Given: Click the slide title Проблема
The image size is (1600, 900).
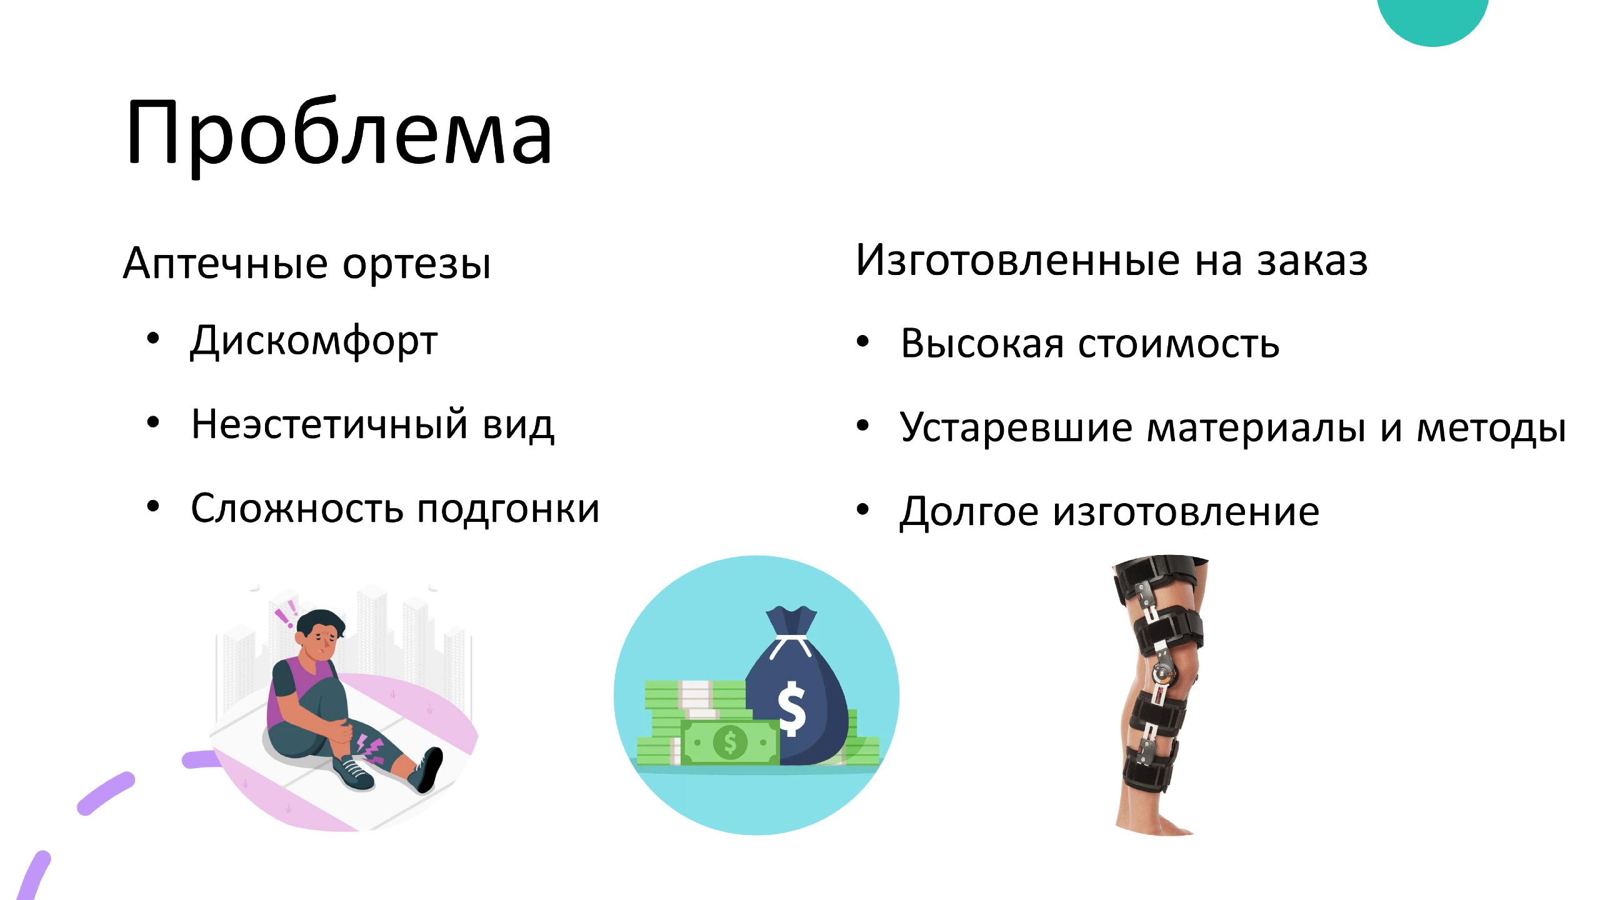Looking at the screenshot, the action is point(339,134).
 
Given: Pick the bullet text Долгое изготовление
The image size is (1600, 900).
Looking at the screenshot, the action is point(1109,512).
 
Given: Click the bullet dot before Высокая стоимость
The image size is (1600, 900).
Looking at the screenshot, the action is point(863,341).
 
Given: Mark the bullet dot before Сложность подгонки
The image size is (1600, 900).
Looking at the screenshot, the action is point(153,506).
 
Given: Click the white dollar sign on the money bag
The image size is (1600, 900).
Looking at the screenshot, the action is point(792,709).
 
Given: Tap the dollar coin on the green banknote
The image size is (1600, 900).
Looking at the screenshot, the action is point(730,742).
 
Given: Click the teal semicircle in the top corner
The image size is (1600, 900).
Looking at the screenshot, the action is point(1432,19).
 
